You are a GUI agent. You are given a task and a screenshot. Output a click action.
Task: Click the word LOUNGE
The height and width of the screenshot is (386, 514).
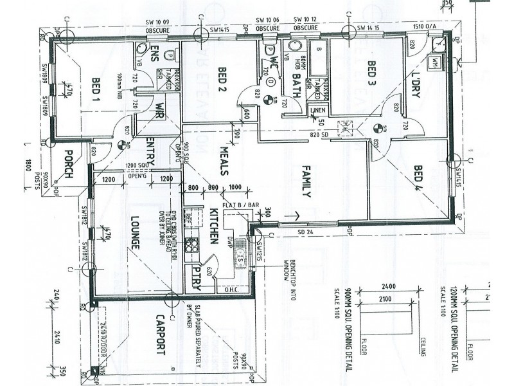[x=136, y=232]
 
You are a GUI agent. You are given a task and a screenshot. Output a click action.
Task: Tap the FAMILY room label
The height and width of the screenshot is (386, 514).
[x=306, y=181]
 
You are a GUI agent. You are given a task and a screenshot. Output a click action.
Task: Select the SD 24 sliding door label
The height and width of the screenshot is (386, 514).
[x=305, y=231]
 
